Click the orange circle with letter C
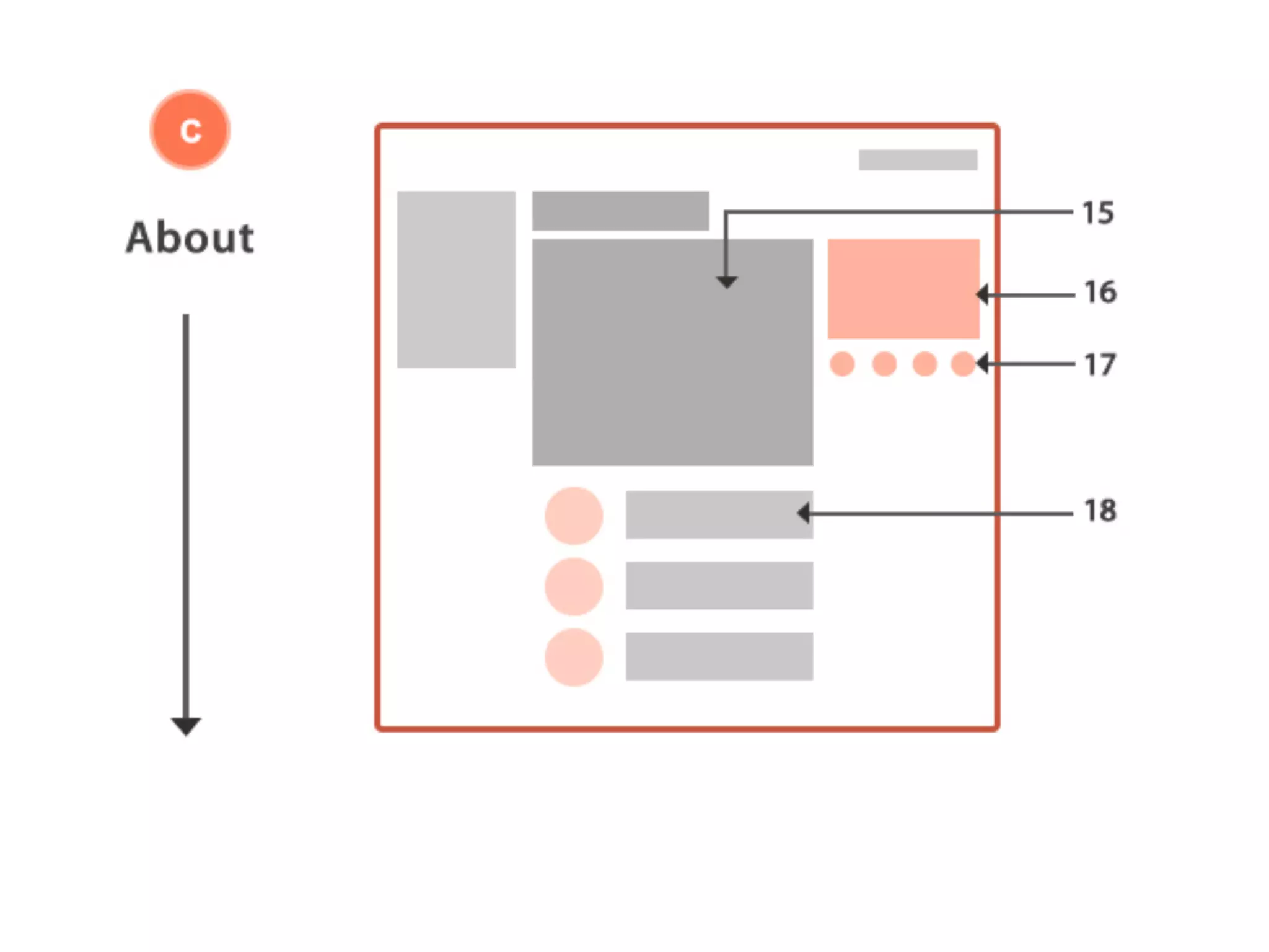[x=190, y=130]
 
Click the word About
[x=190, y=237]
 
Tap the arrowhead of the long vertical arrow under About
[x=186, y=726]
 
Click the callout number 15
[x=1097, y=213]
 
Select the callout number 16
[x=1100, y=292]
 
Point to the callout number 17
[x=1100, y=364]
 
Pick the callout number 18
[x=1100, y=511]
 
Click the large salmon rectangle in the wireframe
[x=903, y=289]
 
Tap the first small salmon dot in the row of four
[x=842, y=364]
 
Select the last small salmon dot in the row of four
[x=963, y=364]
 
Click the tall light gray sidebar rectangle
[x=456, y=279]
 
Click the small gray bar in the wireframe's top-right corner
[x=918, y=160]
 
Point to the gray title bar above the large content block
[x=620, y=211]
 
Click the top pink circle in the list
[x=574, y=516]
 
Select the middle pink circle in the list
[x=574, y=586]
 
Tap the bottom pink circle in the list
[x=574, y=657]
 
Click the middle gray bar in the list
[x=719, y=586]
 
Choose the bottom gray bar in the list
[x=719, y=656]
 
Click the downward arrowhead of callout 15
[x=726, y=283]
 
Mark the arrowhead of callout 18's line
[x=803, y=513]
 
